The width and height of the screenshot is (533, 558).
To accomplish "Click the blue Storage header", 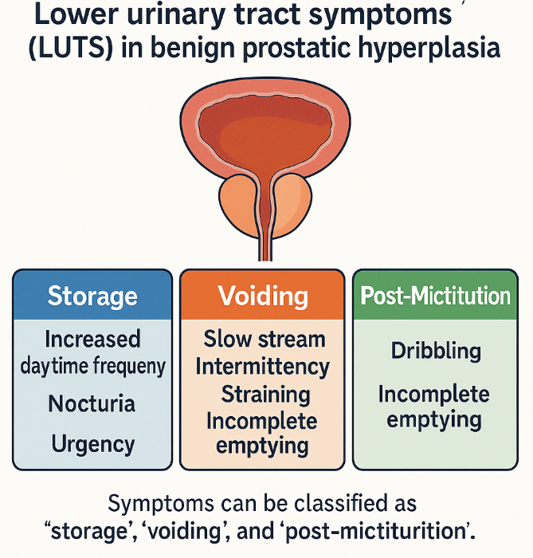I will pos(92,297).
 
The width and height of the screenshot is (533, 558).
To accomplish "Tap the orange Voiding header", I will pos(263,297).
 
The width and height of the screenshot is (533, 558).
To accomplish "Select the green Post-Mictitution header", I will pos(435,297).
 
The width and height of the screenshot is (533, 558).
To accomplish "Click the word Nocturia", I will pos(92,403).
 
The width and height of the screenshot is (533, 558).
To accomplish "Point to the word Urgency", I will pos(92,443).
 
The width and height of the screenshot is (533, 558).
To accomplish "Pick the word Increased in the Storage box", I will pos(92,339).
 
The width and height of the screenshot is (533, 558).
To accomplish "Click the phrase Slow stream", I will pos(264,339).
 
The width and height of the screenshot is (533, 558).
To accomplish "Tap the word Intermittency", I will pos(262,366).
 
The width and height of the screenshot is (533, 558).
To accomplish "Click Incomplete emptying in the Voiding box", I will pos(262,434).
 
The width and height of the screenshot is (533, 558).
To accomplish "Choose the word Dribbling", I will pos(436,351).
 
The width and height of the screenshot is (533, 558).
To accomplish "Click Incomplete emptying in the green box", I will pos(434,407).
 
